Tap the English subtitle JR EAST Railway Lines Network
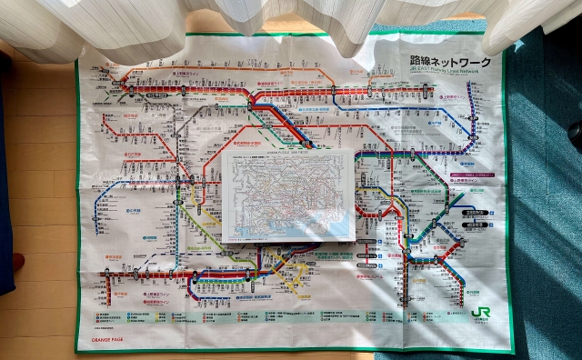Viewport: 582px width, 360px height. tap(446, 72)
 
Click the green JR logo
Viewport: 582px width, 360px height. tap(480, 313)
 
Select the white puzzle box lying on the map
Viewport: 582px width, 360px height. tap(288, 195)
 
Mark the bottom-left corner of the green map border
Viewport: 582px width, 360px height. tap(78, 349)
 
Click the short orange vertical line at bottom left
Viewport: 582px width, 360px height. tap(109, 289)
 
